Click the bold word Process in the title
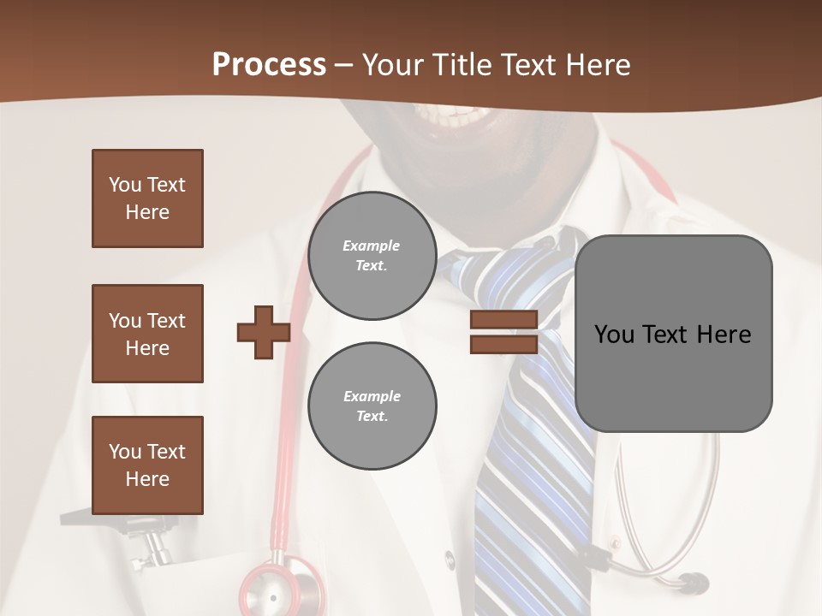click(x=269, y=65)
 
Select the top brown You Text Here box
click(x=147, y=198)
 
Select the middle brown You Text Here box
click(x=147, y=334)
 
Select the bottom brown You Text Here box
click(x=147, y=465)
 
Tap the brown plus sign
click(x=264, y=332)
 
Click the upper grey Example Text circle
click(x=372, y=256)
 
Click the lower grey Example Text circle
click(x=372, y=406)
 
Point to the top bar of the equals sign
click(x=503, y=320)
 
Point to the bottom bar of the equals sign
click(x=503, y=344)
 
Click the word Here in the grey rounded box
click(x=724, y=335)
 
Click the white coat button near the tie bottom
click(x=450, y=559)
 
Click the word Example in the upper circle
click(x=372, y=246)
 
